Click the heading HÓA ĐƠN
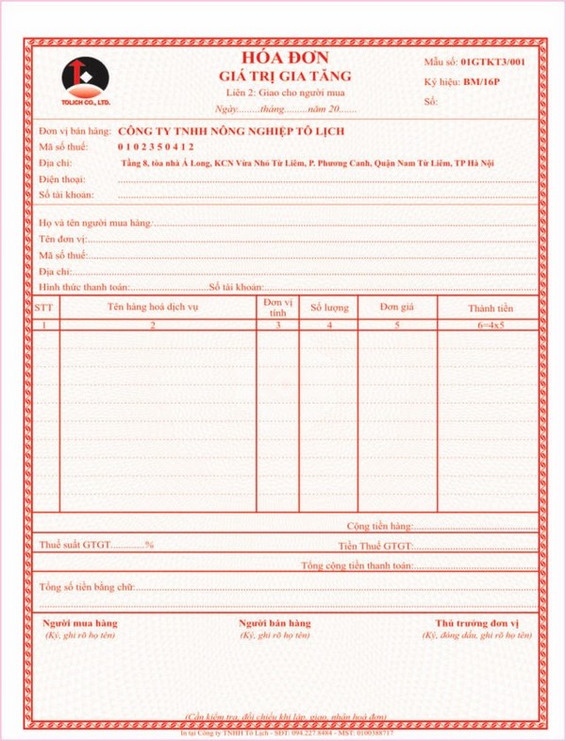coord(284,56)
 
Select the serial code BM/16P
coord(482,81)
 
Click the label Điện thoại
coord(62,178)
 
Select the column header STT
coord(44,308)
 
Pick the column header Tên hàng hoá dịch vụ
coord(153,307)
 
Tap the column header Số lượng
coord(329,308)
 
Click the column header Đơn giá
coord(396,307)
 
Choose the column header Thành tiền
coord(490,308)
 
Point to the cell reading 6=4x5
coord(491,325)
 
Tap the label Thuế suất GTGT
coord(75,546)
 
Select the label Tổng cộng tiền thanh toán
coord(358,565)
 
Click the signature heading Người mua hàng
coord(80,624)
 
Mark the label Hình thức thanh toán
coord(83,287)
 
